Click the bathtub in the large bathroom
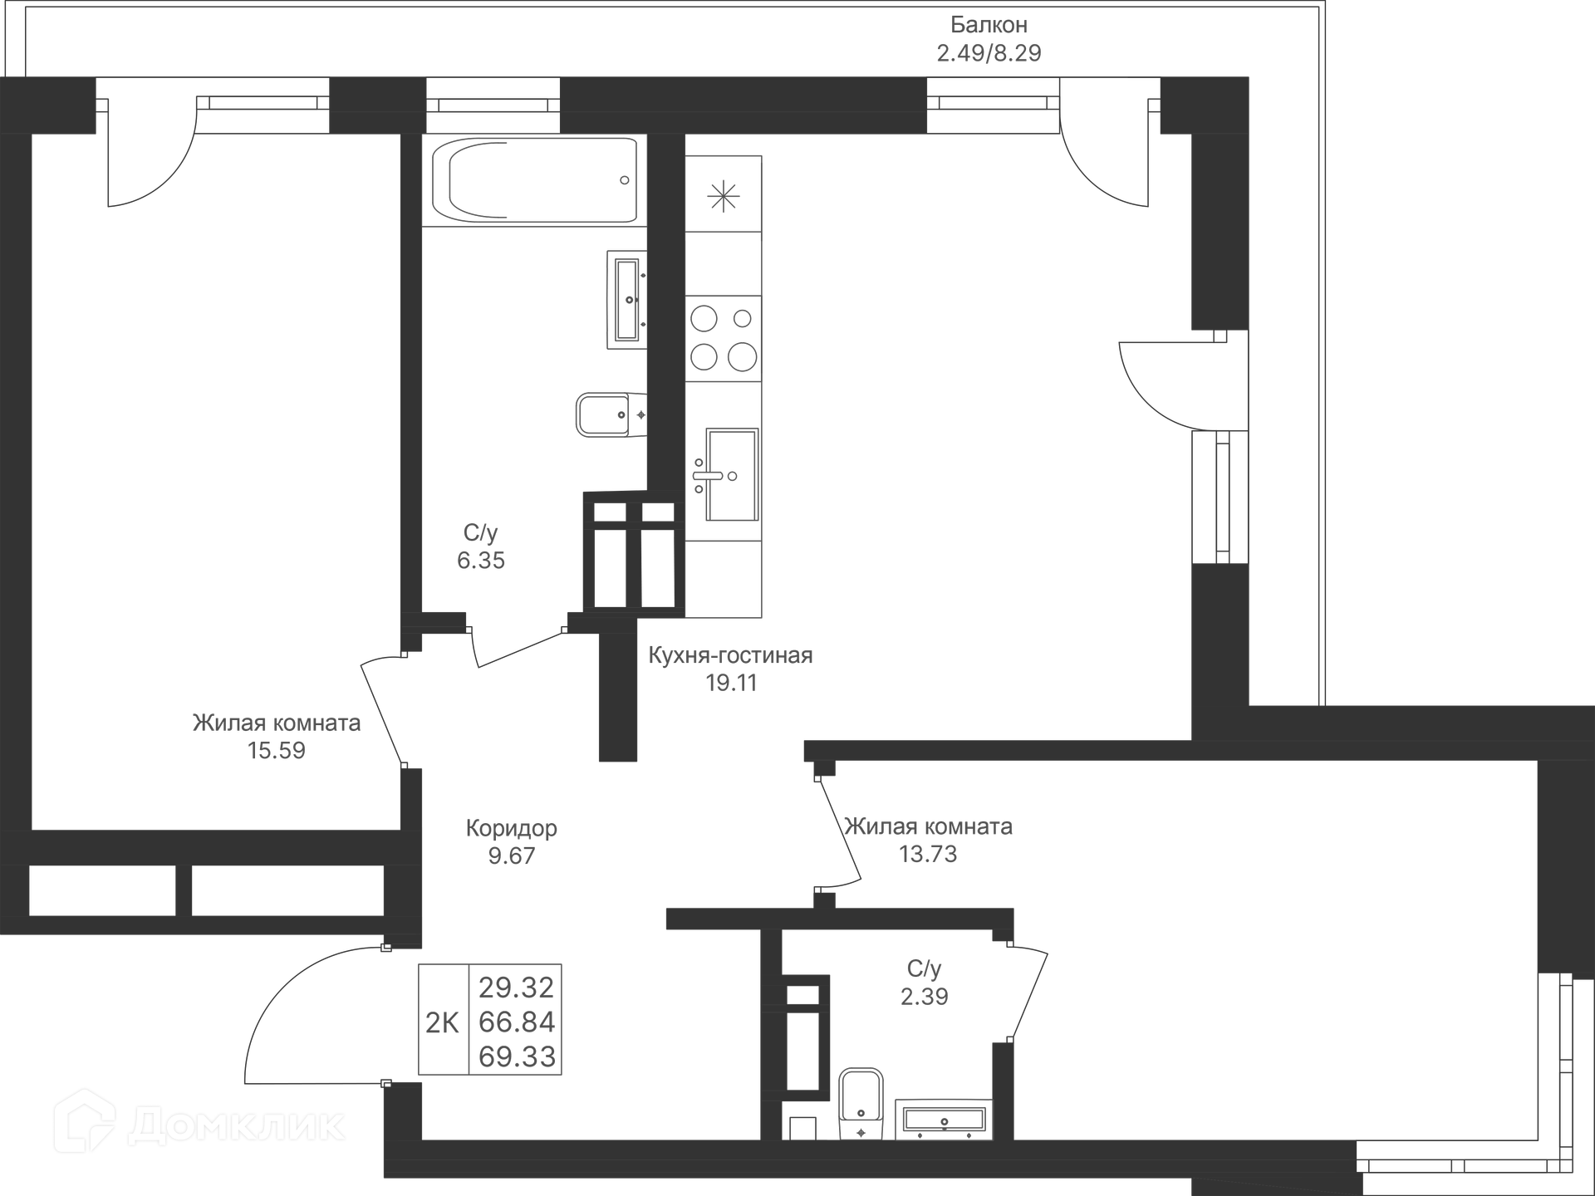point(534,180)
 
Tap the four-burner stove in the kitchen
point(724,338)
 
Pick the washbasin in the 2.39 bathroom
point(944,1120)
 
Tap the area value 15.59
point(277,751)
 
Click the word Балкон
point(989,25)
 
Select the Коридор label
point(511,828)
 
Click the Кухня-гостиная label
point(730,655)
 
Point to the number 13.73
point(928,855)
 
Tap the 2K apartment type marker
point(442,1023)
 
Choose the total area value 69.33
point(517,1057)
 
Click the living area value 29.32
point(517,988)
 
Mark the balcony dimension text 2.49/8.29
point(989,53)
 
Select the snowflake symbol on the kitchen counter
point(724,197)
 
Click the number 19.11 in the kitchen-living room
point(731,683)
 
